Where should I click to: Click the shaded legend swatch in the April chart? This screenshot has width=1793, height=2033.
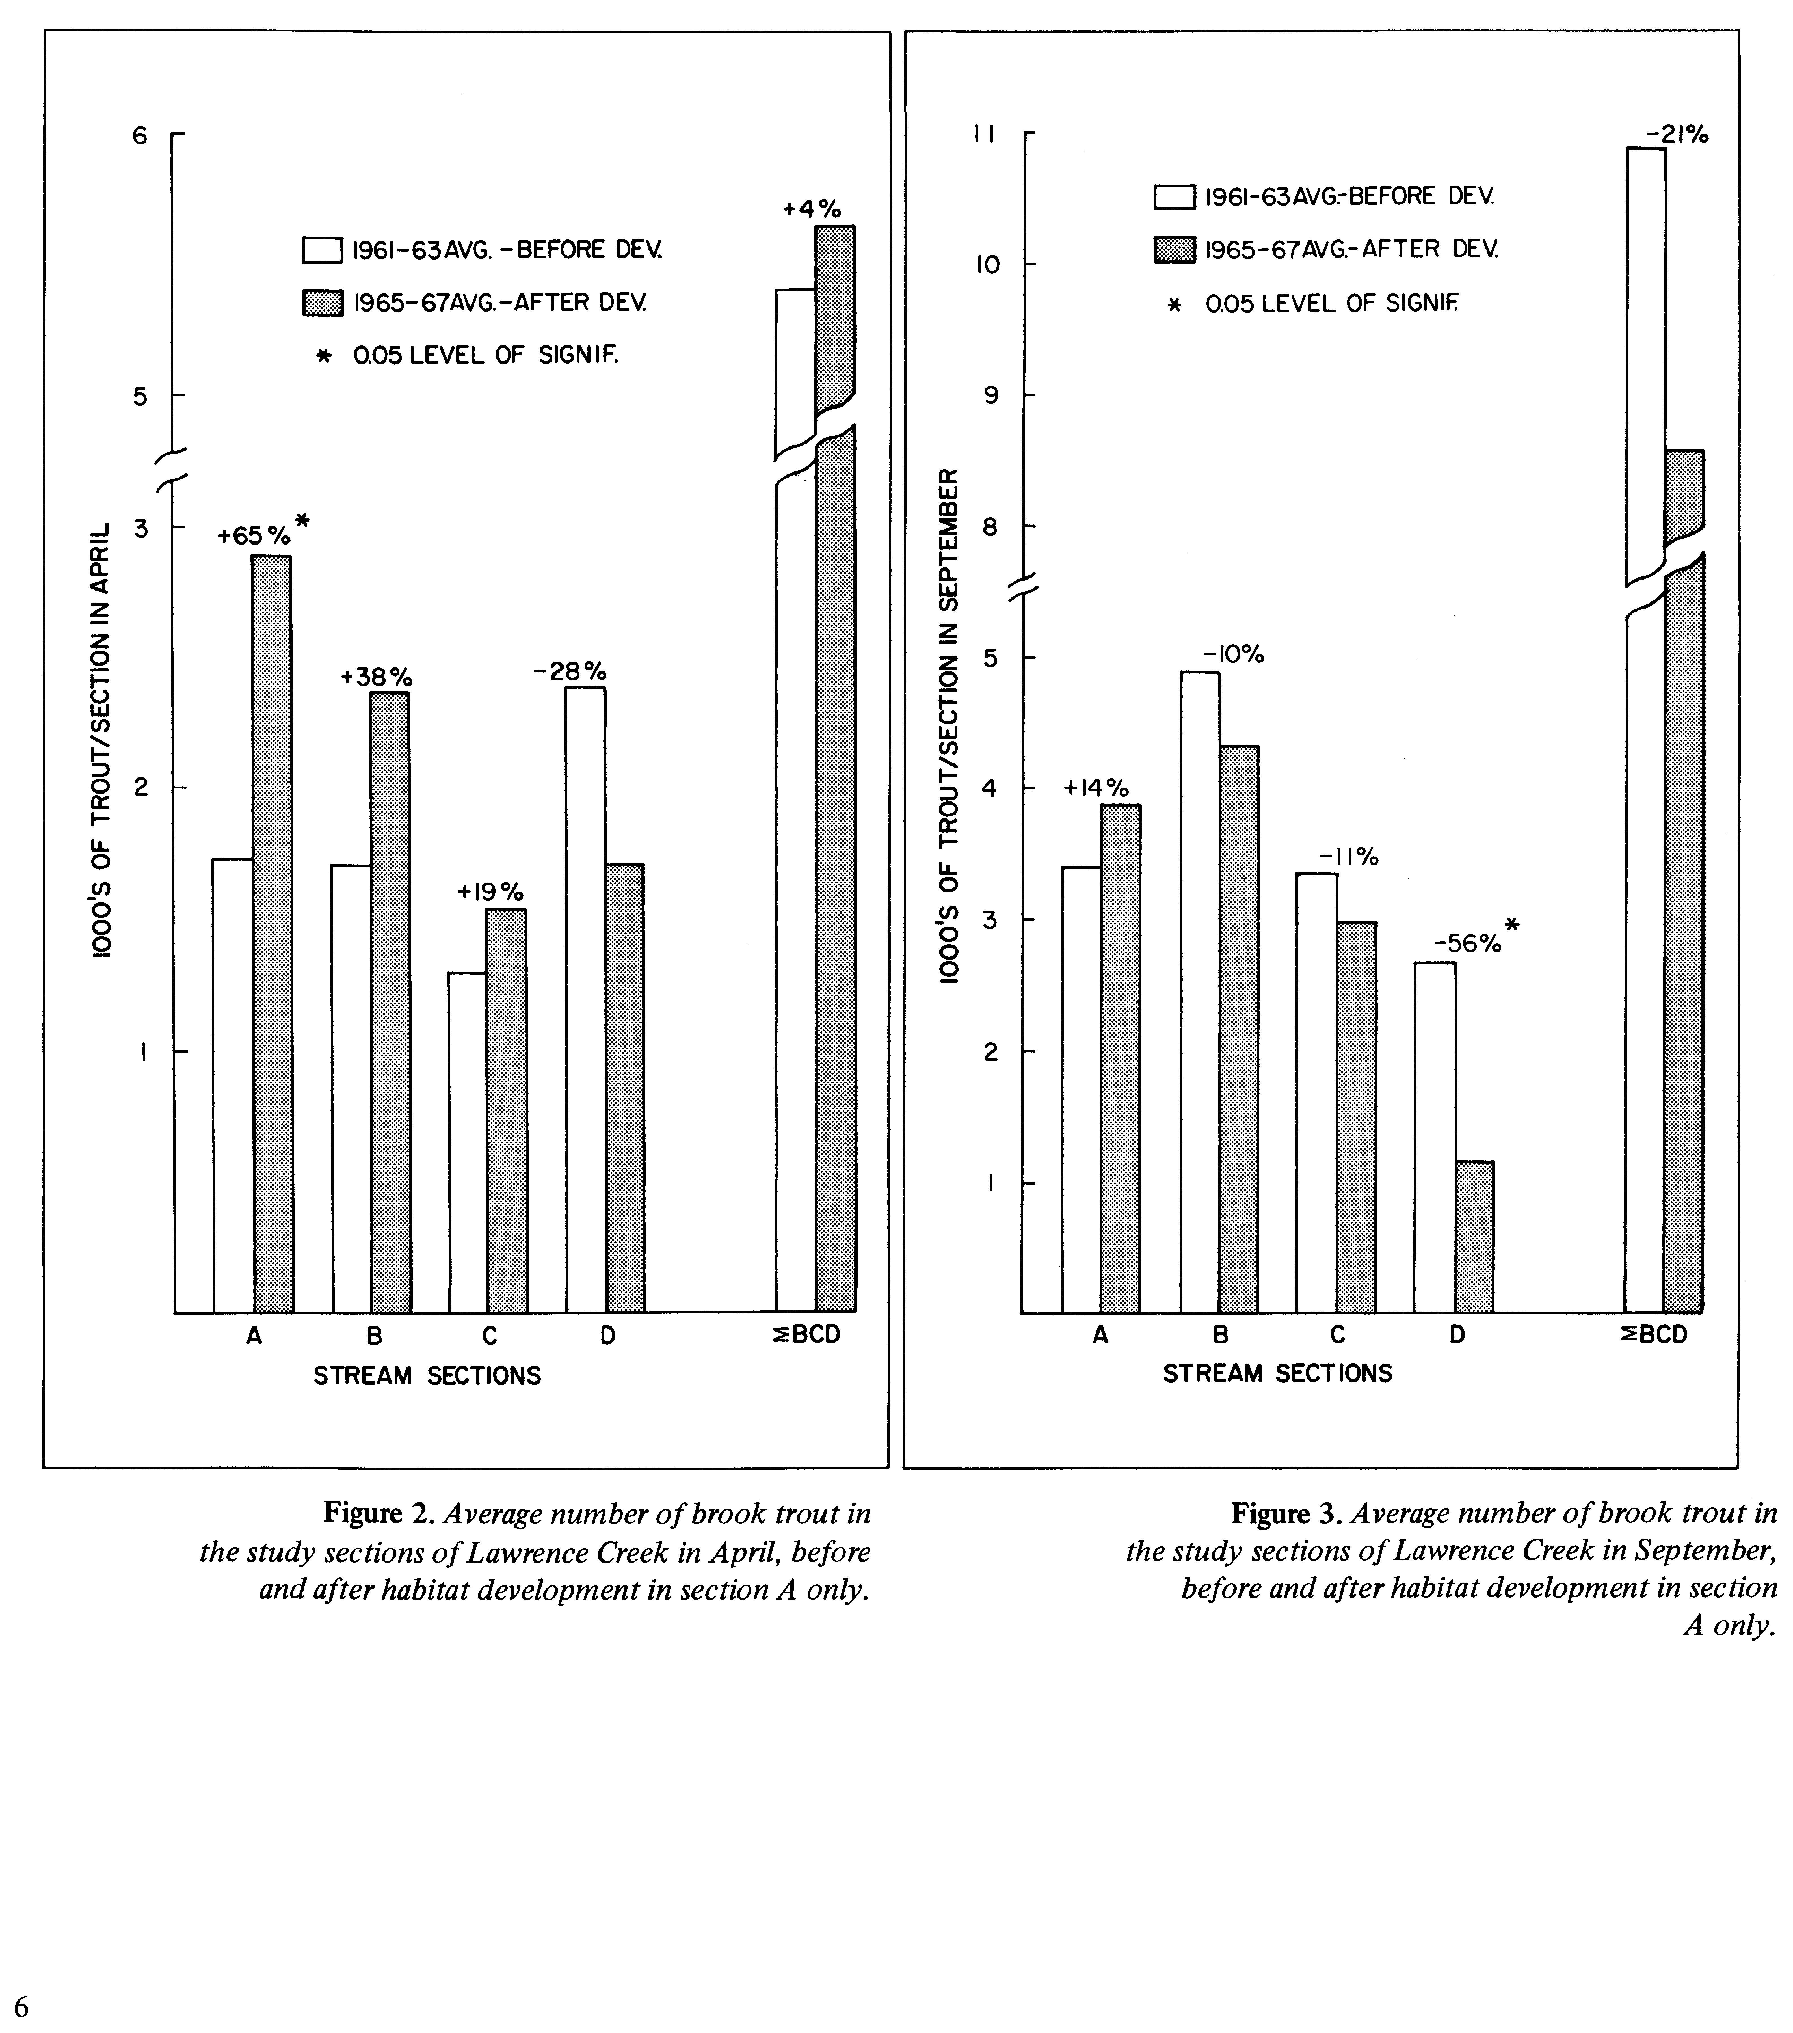pos(322,303)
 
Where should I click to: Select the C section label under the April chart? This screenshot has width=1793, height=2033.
pos(489,1336)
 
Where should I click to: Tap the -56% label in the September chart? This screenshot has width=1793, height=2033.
pos(1467,943)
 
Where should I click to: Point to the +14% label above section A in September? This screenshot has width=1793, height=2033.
pos(1096,788)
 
